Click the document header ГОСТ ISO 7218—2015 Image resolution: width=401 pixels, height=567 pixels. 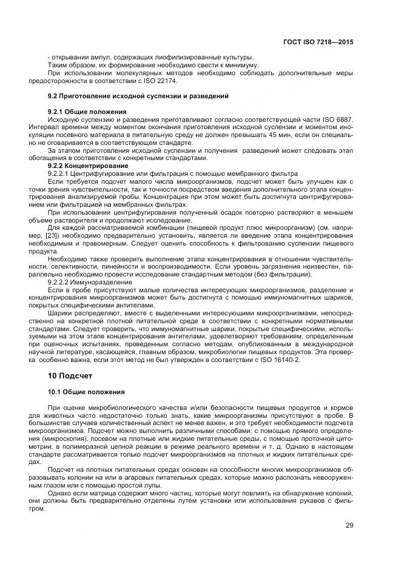point(318,43)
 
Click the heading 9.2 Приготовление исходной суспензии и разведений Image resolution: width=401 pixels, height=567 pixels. point(138,96)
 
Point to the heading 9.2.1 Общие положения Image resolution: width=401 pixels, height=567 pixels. point(87,112)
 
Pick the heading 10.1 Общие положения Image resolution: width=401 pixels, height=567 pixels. point(86,392)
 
